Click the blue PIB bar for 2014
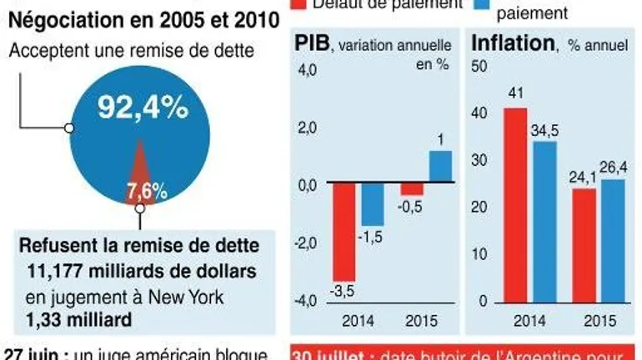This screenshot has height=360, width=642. click(x=373, y=203)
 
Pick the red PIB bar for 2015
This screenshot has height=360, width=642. click(x=412, y=188)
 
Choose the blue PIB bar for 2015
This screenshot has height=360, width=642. click(x=439, y=166)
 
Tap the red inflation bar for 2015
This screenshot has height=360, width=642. click(x=584, y=247)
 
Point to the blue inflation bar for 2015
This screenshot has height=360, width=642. click(x=611, y=242)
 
